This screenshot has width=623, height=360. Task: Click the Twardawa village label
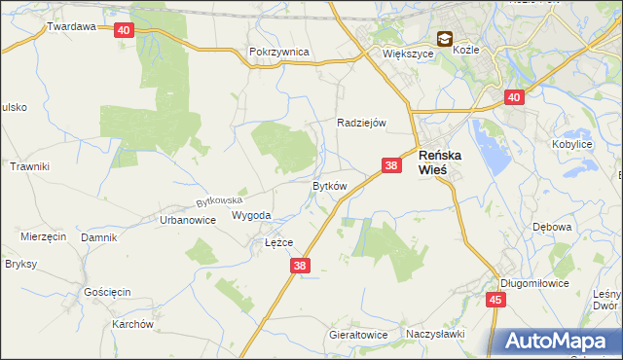[71, 27]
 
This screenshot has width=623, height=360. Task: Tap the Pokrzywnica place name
[278, 52]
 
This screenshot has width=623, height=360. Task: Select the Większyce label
[407, 54]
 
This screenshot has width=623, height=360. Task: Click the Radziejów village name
[362, 123]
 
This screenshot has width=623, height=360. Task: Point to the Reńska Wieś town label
[446, 162]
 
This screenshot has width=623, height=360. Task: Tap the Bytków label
[329, 186]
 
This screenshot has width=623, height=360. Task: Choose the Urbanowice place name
[187, 221]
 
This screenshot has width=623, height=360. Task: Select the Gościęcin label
[107, 292]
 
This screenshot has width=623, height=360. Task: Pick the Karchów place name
[133, 324]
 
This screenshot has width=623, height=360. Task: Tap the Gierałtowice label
[358, 335]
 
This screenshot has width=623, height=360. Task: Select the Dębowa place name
[551, 227]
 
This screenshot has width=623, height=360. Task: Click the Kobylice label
[572, 144]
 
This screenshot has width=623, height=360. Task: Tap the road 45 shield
[495, 301]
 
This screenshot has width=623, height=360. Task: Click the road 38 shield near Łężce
[300, 266]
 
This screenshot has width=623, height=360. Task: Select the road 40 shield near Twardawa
[123, 30]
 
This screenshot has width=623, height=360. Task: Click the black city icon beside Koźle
[445, 39]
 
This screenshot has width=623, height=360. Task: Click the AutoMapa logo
[556, 342]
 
